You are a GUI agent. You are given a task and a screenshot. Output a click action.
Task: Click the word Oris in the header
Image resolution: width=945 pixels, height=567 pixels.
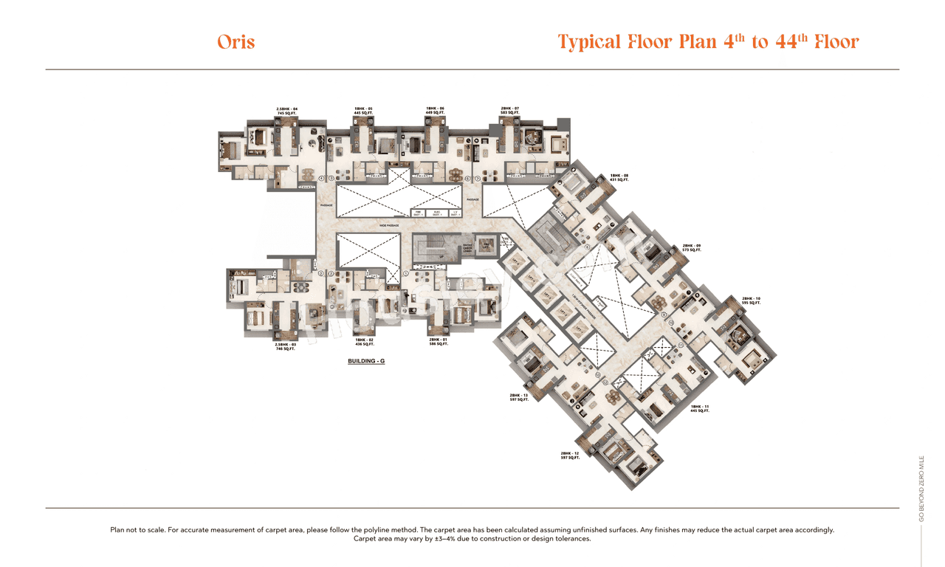click(x=236, y=41)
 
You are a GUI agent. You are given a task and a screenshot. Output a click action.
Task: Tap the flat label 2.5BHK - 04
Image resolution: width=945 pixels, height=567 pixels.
click(x=287, y=111)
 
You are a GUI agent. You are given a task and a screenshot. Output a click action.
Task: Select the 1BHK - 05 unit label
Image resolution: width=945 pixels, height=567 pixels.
click(x=363, y=111)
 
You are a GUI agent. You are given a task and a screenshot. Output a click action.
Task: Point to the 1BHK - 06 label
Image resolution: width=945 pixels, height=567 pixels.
click(x=435, y=111)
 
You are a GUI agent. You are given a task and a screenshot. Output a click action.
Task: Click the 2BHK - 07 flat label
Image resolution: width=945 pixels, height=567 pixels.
click(x=510, y=111)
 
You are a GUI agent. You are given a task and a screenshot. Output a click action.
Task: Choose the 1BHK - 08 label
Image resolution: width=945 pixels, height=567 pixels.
click(x=619, y=177)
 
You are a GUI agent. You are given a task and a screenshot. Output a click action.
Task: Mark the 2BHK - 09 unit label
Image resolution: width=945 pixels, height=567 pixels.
click(x=692, y=247)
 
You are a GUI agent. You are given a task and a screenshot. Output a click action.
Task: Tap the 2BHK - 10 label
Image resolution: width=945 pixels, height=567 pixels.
click(x=751, y=300)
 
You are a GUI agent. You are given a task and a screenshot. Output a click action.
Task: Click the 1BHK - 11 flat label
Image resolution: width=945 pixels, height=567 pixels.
click(x=699, y=409)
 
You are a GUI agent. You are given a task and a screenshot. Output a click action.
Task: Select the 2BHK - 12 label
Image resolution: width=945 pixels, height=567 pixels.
click(x=570, y=456)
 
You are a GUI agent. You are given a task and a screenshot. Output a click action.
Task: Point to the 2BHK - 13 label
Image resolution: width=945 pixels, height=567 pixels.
click(x=518, y=397)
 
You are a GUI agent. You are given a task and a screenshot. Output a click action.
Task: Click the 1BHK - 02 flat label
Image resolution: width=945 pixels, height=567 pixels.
click(x=365, y=342)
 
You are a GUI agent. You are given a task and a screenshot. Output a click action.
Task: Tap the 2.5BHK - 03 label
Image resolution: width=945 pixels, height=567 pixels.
click(x=286, y=346)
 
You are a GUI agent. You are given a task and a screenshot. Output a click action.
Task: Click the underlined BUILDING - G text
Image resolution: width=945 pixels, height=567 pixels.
click(x=367, y=361)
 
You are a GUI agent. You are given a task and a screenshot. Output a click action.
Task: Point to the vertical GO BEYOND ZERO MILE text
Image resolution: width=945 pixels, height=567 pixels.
click(x=921, y=488)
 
